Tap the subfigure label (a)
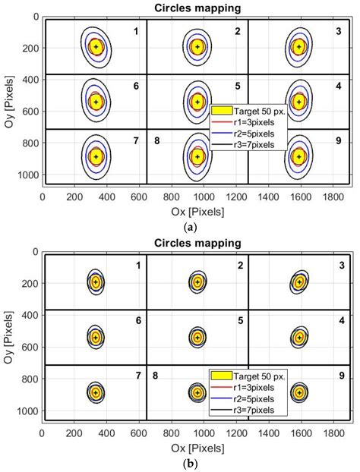[197, 225]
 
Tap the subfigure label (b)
[197, 462]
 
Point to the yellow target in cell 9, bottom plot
[298, 392]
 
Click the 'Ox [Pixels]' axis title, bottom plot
[197, 443]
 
